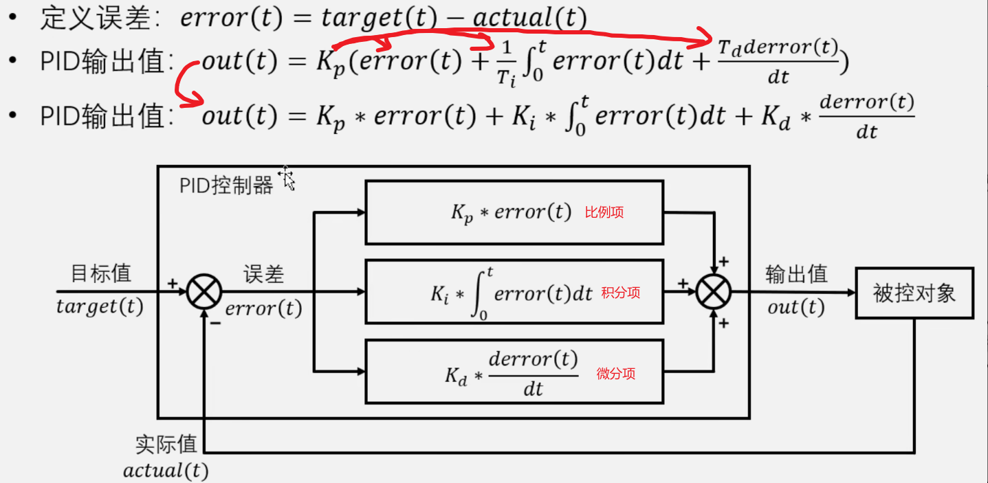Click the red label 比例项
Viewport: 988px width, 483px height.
pyautogui.click(x=604, y=212)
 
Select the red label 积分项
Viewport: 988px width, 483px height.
pyautogui.click(x=620, y=293)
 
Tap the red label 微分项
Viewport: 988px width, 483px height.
pyautogui.click(x=616, y=374)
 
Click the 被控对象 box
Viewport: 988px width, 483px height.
pyautogui.click(x=914, y=293)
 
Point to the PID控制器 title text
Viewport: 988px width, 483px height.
pyautogui.click(x=226, y=186)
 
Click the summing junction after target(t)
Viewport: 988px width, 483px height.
pyautogui.click(x=204, y=292)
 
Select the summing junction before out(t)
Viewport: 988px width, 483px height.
pyautogui.click(x=714, y=293)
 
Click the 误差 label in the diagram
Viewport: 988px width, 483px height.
pyautogui.click(x=263, y=274)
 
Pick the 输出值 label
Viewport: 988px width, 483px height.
pyautogui.click(x=796, y=274)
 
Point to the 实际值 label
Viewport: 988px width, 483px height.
pyautogui.click(x=166, y=444)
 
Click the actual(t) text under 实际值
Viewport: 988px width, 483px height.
pyautogui.click(x=166, y=471)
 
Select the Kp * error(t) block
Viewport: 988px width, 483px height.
pyautogui.click(x=514, y=212)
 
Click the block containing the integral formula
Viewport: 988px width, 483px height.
pyautogui.click(x=514, y=291)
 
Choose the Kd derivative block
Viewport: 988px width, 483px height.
pyautogui.click(x=514, y=372)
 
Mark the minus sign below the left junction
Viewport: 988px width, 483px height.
pyautogui.click(x=215, y=323)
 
